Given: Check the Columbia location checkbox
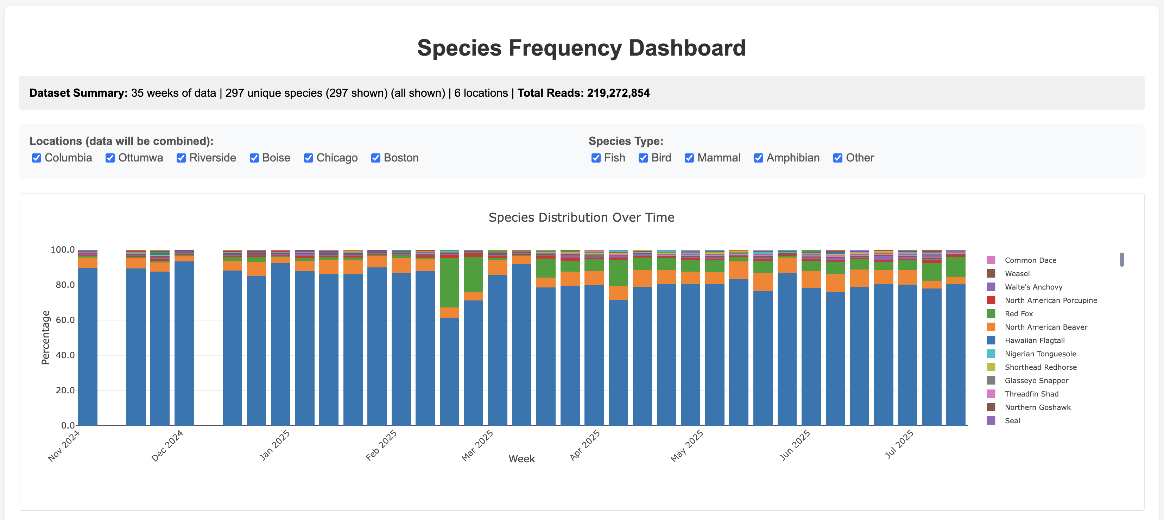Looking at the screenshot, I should pyautogui.click(x=37, y=158).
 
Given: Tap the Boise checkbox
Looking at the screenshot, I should pyautogui.click(x=254, y=158).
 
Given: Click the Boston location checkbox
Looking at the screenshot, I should pyautogui.click(x=375, y=158).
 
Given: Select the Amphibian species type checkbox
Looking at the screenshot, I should pyautogui.click(x=758, y=158).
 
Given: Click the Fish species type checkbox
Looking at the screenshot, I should pyautogui.click(x=596, y=158).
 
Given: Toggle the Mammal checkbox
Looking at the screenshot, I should pyautogui.click(x=689, y=158).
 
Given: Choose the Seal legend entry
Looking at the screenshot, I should pyautogui.click(x=1012, y=420).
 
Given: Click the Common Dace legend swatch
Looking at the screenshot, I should pyautogui.click(x=991, y=260).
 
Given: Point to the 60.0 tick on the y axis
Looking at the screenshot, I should pyautogui.click(x=65, y=320).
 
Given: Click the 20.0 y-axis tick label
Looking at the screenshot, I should pyautogui.click(x=65, y=390).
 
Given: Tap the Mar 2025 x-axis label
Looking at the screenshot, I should pyautogui.click(x=477, y=445).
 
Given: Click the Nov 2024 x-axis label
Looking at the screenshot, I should pyautogui.click(x=64, y=445).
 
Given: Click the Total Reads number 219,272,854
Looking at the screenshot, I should pyautogui.click(x=618, y=93).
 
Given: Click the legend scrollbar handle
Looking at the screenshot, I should pyautogui.click(x=1121, y=259).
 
